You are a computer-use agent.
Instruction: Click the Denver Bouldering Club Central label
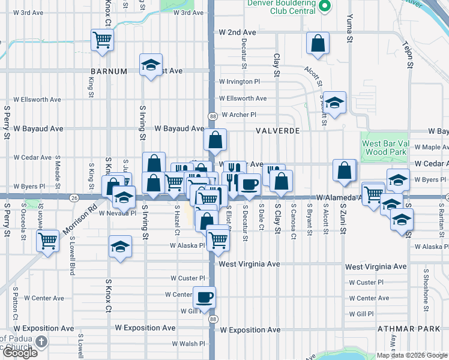point(282,7)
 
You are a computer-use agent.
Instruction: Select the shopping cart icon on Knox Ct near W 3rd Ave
point(103,40)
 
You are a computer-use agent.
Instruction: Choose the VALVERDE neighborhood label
point(277,130)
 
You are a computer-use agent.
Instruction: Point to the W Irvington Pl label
point(240,82)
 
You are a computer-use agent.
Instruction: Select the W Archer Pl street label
point(239,115)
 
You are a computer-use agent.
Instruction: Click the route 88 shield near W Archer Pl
point(213,115)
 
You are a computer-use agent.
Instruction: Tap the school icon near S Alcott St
point(335,103)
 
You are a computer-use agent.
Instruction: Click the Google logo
point(20,353)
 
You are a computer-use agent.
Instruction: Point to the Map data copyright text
point(411,355)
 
